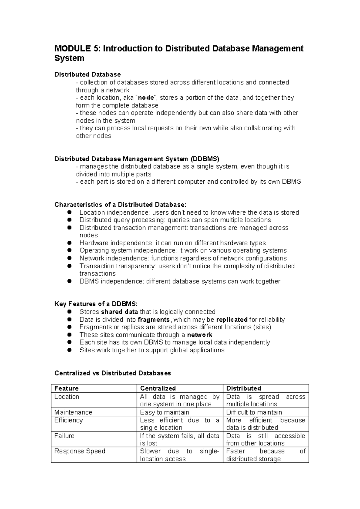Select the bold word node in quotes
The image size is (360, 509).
point(146,98)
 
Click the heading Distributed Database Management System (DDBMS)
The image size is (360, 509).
point(136,159)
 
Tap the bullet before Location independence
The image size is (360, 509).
point(69,212)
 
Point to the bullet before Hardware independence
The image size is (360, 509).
point(69,243)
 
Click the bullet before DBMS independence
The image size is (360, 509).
point(69,281)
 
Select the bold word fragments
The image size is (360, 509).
point(154,320)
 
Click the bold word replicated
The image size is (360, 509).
point(232,320)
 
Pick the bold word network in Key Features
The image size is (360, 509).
point(199,335)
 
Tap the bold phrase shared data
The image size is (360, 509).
point(119,312)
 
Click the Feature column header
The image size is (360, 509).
point(66,388)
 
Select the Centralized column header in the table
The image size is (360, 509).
point(158,388)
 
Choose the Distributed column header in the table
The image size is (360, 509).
point(244,388)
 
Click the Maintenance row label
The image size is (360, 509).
point(73,412)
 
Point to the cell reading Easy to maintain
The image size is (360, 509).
point(165,412)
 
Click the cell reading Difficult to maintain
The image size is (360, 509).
point(254,412)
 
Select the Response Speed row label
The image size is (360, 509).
point(80,451)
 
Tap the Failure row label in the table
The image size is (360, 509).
point(64,436)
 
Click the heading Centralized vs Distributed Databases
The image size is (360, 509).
point(112,373)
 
